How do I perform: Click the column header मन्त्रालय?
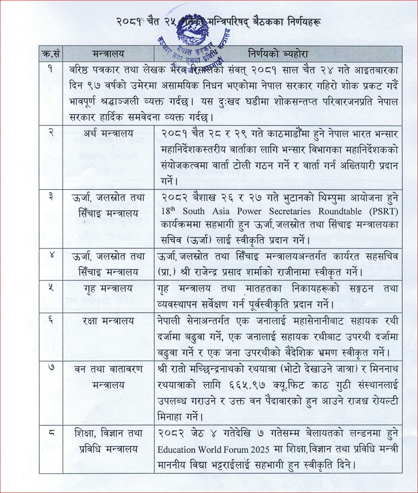tap(108, 54)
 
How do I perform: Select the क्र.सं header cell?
tap(51, 54)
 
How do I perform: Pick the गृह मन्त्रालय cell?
tap(108, 288)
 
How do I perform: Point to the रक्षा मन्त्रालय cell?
tap(108, 321)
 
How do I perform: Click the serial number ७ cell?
tap(51, 370)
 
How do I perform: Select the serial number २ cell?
tap(51, 134)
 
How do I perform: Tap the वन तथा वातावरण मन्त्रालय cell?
tap(108, 377)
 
